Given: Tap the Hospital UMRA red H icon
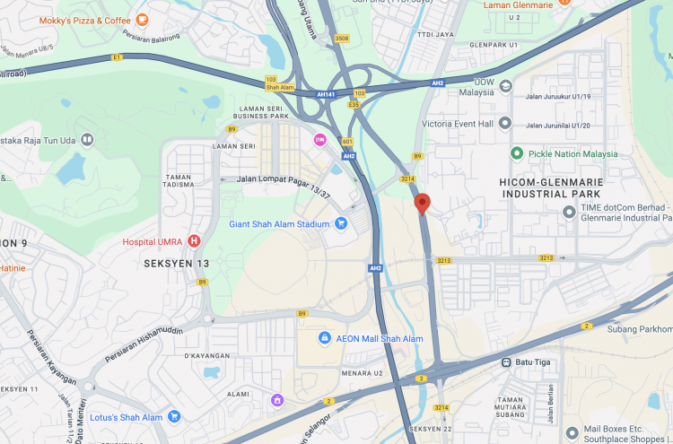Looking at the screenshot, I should pos(194,241).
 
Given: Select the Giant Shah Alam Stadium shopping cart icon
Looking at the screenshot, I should pos(341,223).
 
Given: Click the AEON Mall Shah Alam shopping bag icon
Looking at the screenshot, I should pos(325,338).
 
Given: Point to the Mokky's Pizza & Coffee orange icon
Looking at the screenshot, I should pos(142,20).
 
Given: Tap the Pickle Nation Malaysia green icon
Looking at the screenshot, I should pos(517,153).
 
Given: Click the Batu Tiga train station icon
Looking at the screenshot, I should pos(506,362).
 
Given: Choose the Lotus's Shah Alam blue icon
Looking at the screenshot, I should pos(174,416).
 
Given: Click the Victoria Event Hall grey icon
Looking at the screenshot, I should pos(505,122).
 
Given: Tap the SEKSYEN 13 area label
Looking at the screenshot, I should pos(177,264).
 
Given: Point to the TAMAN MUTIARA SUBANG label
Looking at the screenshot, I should pos(522,405).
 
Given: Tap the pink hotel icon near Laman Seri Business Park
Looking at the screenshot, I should pos(319,139).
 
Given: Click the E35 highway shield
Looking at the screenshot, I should pos(354,104).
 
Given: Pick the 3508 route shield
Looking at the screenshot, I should pos(341,38).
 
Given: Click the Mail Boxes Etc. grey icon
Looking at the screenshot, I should pos(565,430).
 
